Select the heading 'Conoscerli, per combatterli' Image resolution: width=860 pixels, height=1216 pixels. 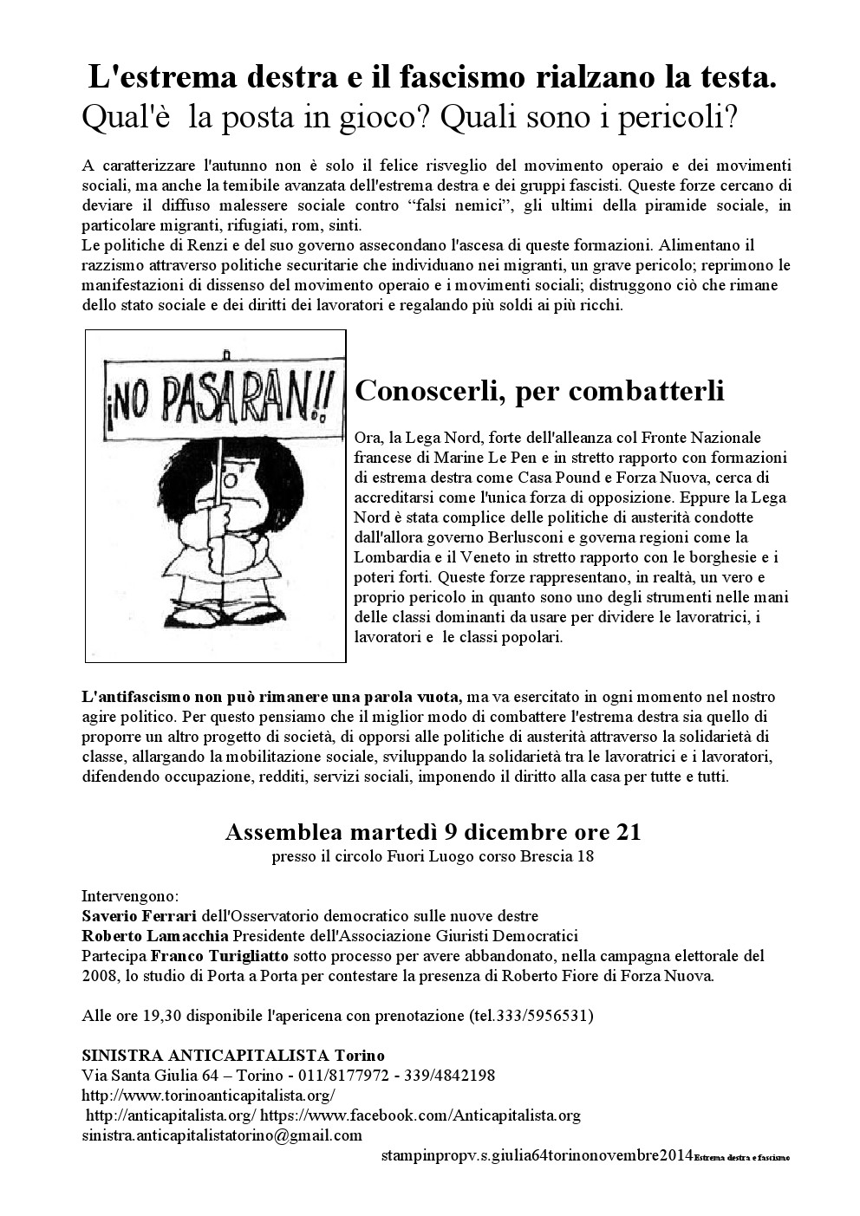pos(539,391)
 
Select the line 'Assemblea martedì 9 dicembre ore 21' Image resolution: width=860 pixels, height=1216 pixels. pos(433,833)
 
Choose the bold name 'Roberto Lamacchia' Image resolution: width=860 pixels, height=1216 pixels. pos(155,936)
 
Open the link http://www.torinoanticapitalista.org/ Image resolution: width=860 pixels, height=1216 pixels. pos(207,1096)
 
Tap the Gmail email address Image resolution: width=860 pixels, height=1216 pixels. pos(222,1135)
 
